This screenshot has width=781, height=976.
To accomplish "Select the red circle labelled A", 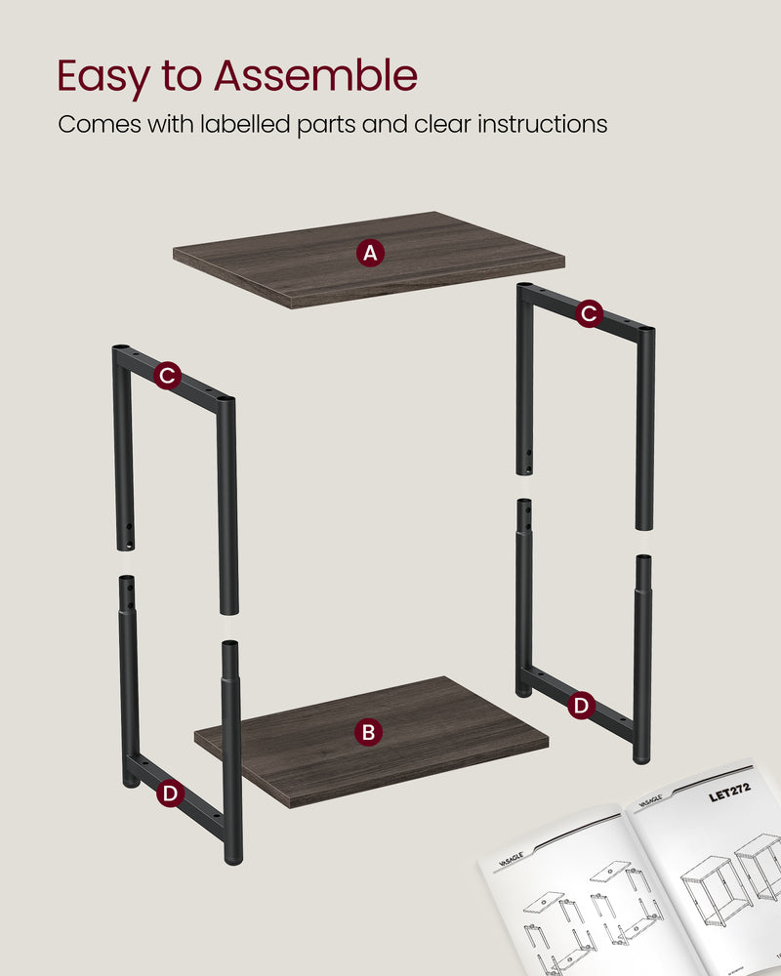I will tap(369, 254).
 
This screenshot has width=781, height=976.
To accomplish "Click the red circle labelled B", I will tap(368, 731).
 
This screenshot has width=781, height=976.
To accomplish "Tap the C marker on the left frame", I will tap(167, 375).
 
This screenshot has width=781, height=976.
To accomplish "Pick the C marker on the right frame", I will tap(588, 313).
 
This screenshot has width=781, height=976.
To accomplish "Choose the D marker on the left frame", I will tap(170, 793).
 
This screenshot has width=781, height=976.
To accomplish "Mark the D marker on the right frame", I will tap(581, 705).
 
